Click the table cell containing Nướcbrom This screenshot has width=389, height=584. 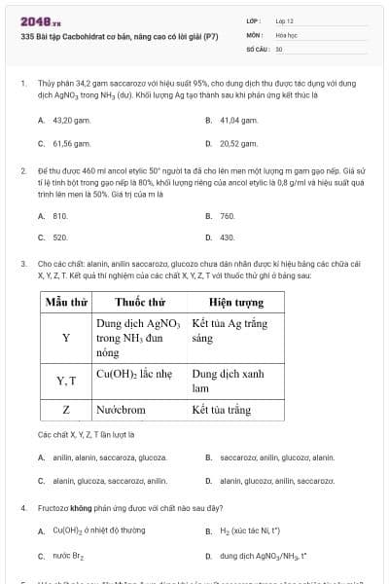(x=121, y=410)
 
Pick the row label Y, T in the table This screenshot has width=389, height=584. (x=66, y=381)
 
